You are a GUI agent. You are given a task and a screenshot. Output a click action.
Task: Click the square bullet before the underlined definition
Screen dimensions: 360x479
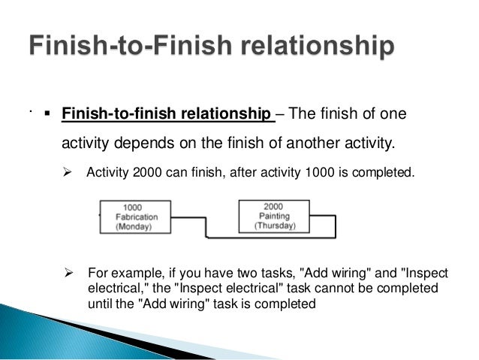47,115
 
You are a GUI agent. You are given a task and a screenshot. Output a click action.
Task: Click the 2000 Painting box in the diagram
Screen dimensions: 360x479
273,216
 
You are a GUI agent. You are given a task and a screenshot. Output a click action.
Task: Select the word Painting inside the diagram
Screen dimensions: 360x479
274,216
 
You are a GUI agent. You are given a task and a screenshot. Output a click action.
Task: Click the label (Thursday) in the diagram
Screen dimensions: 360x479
274,225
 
